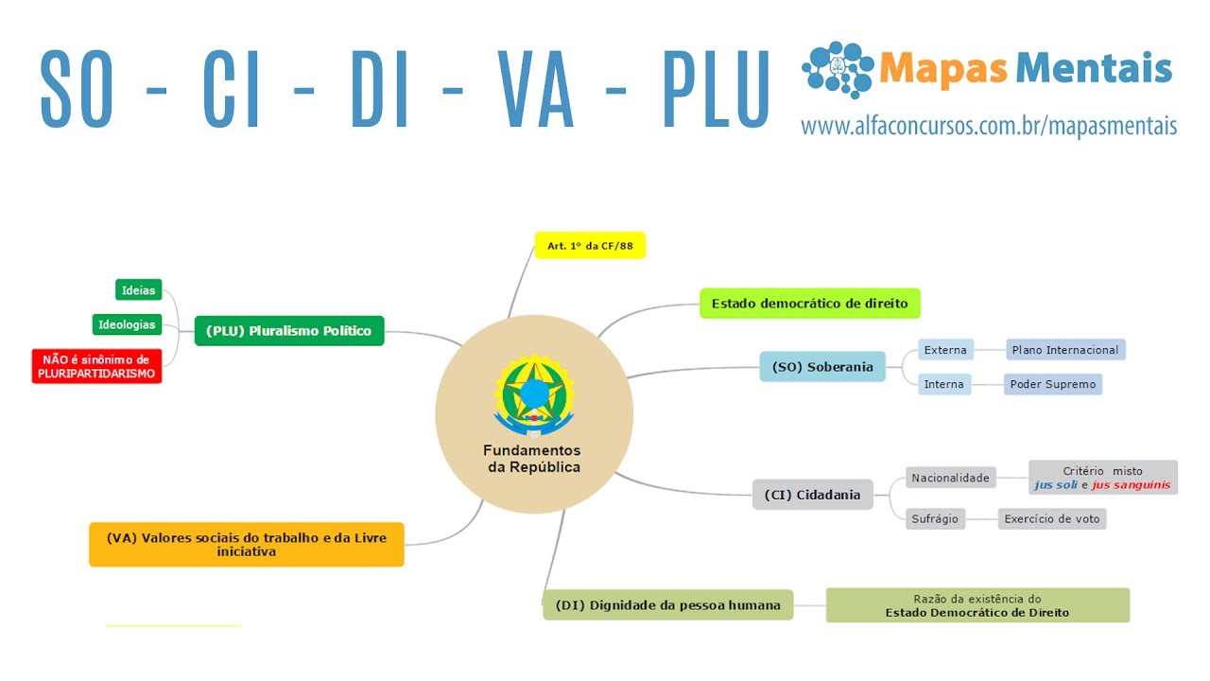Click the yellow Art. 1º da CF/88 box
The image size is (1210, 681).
click(x=590, y=246)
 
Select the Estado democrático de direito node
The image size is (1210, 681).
click(x=809, y=304)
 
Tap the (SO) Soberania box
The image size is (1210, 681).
click(x=822, y=367)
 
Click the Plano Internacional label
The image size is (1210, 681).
click(x=1064, y=350)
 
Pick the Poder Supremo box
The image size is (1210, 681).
click(x=1052, y=384)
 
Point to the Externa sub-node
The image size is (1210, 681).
click(x=945, y=350)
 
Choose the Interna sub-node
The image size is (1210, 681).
click(x=944, y=384)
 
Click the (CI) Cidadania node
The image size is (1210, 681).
click(x=812, y=495)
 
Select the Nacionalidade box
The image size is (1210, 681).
click(x=950, y=478)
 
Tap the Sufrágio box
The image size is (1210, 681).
click(x=935, y=518)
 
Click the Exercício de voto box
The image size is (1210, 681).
click(x=1052, y=518)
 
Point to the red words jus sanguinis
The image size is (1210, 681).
click(x=1131, y=485)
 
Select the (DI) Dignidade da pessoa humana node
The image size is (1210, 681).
click(x=667, y=605)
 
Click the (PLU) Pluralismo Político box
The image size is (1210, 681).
click(x=288, y=331)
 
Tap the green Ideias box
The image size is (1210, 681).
click(x=138, y=289)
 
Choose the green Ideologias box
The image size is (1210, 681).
click(x=127, y=324)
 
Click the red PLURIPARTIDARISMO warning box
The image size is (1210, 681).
click(x=96, y=366)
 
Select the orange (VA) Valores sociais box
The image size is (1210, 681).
click(x=246, y=544)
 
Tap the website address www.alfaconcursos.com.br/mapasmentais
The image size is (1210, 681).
click(x=989, y=126)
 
